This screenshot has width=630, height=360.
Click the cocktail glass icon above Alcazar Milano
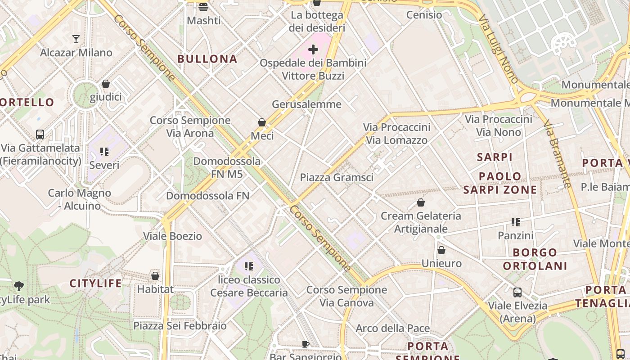click(x=76, y=39)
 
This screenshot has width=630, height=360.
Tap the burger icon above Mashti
click(x=203, y=7)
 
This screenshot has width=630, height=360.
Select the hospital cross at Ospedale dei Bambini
click(x=313, y=49)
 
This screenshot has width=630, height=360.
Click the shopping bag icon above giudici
click(x=106, y=84)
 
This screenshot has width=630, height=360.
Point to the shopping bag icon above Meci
click(x=262, y=122)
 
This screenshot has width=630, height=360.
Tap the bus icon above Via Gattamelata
click(x=40, y=134)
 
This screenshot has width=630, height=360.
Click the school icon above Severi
click(x=104, y=152)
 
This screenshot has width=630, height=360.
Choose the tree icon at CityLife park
click(x=19, y=286)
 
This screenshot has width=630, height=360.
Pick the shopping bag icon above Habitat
click(x=155, y=276)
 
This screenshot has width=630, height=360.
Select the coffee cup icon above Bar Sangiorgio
click(x=306, y=345)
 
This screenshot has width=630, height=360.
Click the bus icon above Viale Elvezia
click(x=517, y=292)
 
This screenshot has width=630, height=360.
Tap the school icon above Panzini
click(x=516, y=222)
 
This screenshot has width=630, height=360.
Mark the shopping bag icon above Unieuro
click(x=441, y=250)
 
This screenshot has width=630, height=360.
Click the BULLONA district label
click(x=207, y=59)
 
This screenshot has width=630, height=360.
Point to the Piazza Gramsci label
click(x=337, y=177)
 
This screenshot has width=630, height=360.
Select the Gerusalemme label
click(x=306, y=104)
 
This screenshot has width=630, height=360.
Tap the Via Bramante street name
click(x=557, y=153)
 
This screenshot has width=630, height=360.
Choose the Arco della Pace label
click(x=392, y=328)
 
